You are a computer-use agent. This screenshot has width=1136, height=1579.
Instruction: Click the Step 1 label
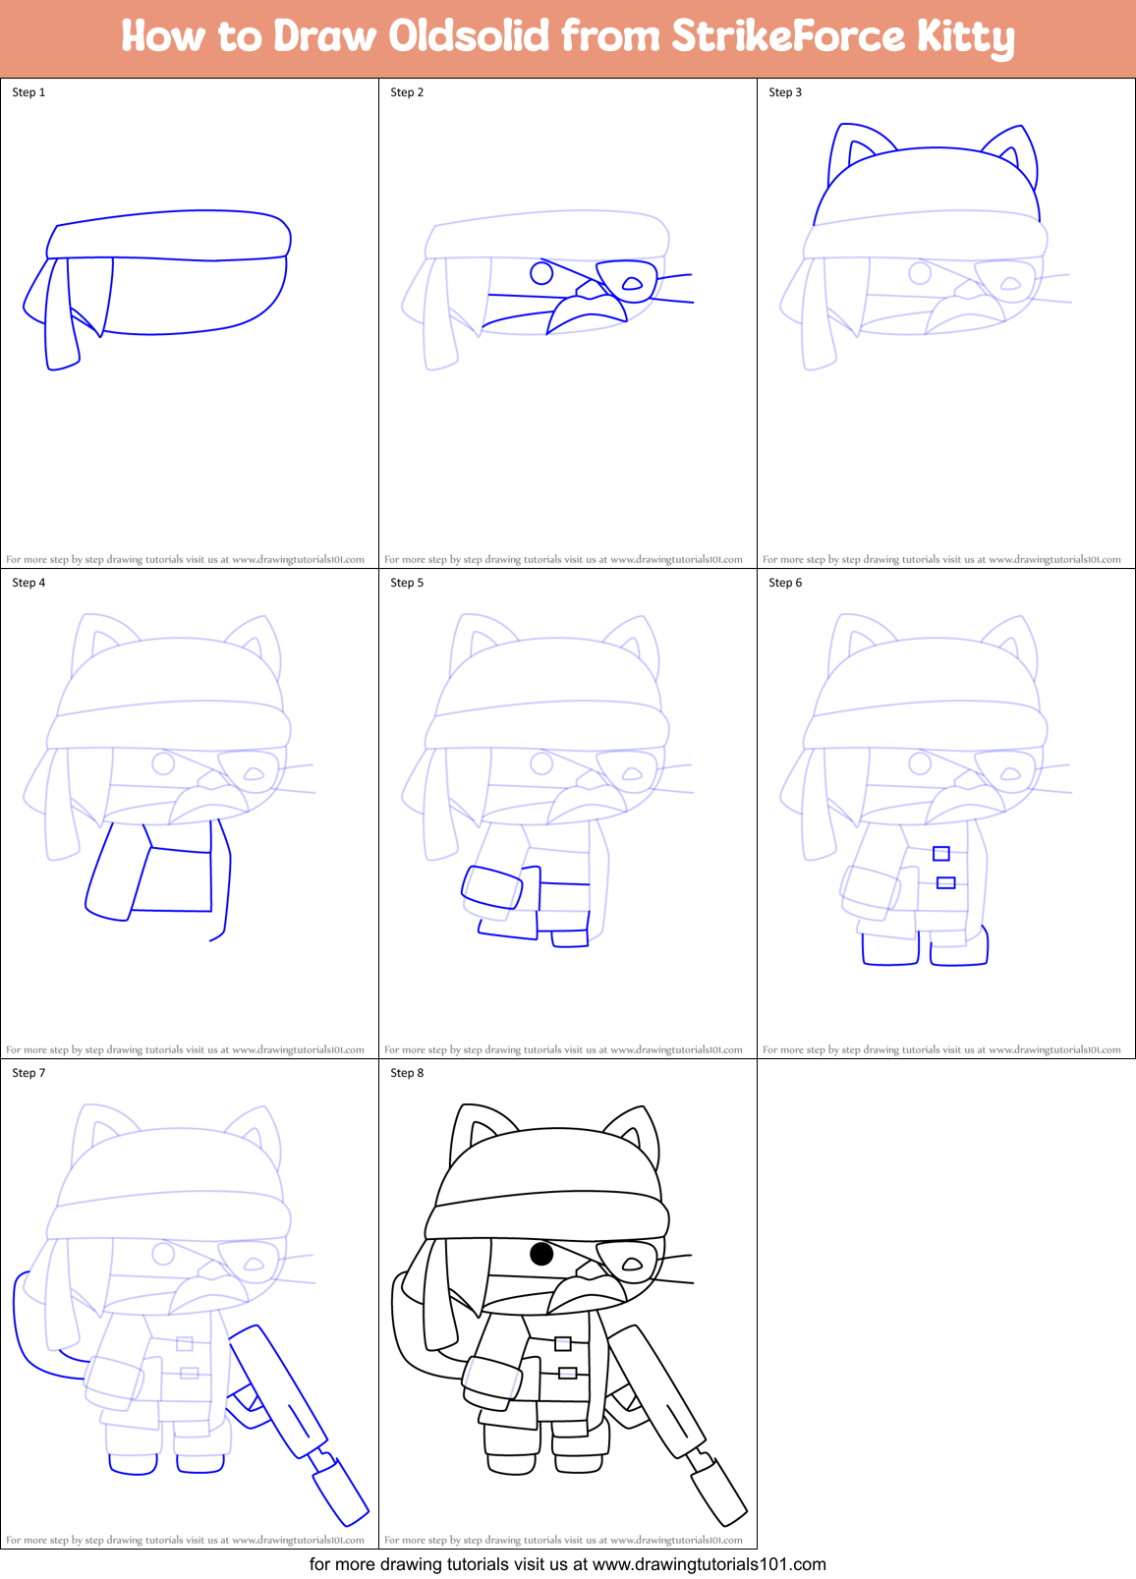(28, 92)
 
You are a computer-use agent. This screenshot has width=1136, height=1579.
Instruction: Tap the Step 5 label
(407, 583)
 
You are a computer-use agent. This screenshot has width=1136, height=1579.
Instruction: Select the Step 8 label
(407, 1073)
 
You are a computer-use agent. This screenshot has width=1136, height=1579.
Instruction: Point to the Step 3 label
(785, 92)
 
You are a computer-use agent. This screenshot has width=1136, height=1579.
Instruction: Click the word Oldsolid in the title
(469, 36)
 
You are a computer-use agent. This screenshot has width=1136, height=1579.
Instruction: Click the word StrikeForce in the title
(788, 36)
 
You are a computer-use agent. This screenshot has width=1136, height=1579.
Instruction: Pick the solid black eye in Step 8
(541, 1254)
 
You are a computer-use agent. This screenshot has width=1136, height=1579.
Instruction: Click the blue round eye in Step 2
(541, 272)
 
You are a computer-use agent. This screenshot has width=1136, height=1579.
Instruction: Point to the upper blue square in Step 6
(941, 854)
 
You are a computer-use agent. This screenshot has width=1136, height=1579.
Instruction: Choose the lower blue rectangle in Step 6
(946, 883)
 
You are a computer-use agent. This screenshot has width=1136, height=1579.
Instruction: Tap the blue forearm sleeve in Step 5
(492, 887)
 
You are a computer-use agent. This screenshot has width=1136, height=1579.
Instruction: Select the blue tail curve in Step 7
(29, 1326)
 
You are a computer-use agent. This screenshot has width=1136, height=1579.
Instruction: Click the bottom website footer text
(568, 1564)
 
